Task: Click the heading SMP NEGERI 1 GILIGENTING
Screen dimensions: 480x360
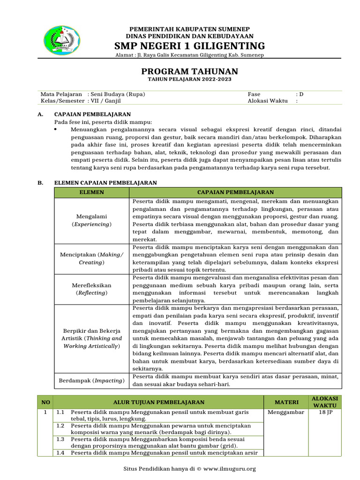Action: tap(190, 46)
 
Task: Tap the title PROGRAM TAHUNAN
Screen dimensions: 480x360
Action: tap(190, 71)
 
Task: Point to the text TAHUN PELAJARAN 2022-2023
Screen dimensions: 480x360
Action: tap(190, 80)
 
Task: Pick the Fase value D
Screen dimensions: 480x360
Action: tap(301, 94)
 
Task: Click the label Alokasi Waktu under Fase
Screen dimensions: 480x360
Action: tap(267, 101)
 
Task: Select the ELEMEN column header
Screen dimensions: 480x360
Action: tap(92, 193)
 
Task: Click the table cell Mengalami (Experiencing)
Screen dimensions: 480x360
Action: tap(92, 220)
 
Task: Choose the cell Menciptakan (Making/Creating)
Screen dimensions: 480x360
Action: tap(92, 258)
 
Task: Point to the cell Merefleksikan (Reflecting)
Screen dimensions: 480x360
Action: tap(92, 289)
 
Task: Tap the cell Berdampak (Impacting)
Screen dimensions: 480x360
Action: tap(92, 381)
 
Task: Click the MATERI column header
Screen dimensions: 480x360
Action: tap(286, 402)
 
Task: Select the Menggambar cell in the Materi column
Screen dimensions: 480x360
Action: tap(286, 412)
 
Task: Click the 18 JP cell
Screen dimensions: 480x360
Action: tap(325, 412)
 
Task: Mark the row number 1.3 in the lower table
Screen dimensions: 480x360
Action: tap(60, 439)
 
